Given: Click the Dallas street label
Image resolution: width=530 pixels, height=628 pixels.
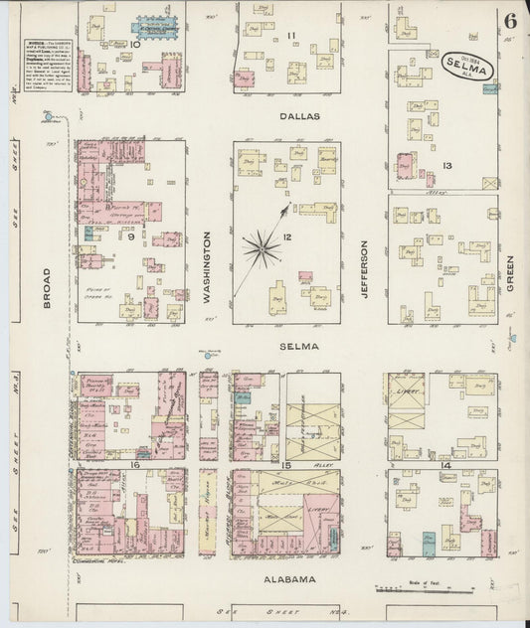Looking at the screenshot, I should (x=299, y=116).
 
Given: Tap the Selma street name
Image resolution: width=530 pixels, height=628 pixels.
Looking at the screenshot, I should (x=306, y=346).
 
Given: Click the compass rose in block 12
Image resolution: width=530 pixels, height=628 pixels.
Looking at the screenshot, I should (x=264, y=241).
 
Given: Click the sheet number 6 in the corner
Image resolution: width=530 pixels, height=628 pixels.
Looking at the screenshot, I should (x=509, y=21).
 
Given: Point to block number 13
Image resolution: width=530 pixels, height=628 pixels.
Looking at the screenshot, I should (x=447, y=165).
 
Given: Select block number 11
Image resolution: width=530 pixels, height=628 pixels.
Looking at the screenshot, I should (x=291, y=37).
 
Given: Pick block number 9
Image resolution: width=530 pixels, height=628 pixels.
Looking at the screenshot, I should (x=129, y=236).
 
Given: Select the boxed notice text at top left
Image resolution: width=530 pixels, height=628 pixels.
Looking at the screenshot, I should (x=48, y=71).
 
